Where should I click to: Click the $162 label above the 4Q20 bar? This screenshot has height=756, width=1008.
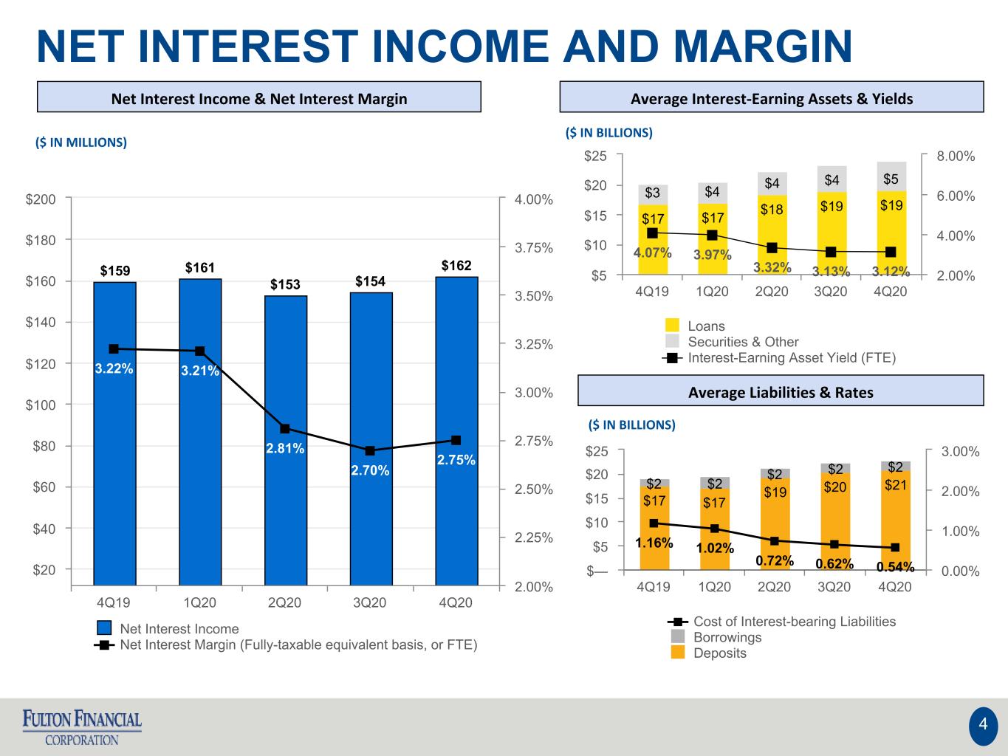(456, 265)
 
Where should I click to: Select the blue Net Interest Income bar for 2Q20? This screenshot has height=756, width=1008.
(286, 440)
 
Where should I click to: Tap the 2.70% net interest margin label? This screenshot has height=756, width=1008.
(370, 470)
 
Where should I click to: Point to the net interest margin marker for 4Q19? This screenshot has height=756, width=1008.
(114, 349)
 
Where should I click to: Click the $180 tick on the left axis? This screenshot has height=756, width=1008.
(41, 240)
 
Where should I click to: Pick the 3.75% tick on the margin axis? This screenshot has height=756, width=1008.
(534, 248)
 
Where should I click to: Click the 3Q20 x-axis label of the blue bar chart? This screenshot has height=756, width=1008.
(370, 602)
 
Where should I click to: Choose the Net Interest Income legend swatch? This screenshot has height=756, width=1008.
(104, 628)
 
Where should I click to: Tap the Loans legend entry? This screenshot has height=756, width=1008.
(696, 326)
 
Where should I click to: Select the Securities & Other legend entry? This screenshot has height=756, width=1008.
(732, 342)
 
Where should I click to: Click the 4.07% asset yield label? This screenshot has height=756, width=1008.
(652, 252)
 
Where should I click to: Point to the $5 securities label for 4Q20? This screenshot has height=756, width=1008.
(891, 179)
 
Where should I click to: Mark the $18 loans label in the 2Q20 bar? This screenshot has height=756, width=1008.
(772, 210)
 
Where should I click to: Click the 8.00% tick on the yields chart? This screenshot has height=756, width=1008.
(956, 156)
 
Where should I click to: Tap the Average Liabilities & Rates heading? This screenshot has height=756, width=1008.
(781, 393)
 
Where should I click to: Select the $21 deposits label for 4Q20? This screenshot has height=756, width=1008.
(896, 485)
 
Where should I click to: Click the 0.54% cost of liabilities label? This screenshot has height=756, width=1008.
(896, 567)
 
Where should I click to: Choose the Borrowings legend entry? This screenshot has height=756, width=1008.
(716, 637)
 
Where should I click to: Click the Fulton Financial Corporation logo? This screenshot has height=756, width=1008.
(82, 727)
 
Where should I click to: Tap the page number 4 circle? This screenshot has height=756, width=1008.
(983, 724)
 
